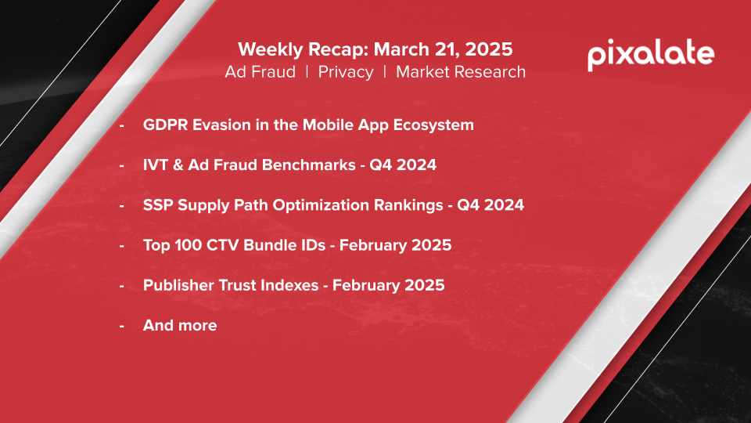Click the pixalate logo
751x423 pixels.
coord(651,55)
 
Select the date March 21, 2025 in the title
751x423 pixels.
coord(443,49)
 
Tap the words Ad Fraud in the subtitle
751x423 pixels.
coord(260,72)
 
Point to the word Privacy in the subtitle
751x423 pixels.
coord(345,72)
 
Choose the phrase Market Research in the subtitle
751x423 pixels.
coord(461,72)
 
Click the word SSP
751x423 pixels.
coord(157,205)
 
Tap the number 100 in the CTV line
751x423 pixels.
coord(188,245)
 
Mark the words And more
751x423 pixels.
coord(180,325)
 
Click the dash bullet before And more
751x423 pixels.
coord(122,326)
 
